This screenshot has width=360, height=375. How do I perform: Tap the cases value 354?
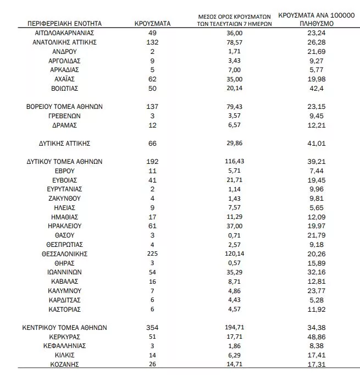click(x=152, y=327)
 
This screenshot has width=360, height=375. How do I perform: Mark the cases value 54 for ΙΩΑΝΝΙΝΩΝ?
click(x=152, y=273)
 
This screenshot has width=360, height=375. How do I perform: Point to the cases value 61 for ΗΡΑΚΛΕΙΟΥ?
click(x=152, y=226)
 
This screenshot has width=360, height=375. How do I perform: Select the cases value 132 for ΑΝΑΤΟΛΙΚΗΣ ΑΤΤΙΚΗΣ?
click(x=152, y=41)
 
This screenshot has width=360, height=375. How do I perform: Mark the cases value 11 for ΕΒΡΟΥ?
click(x=152, y=171)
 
